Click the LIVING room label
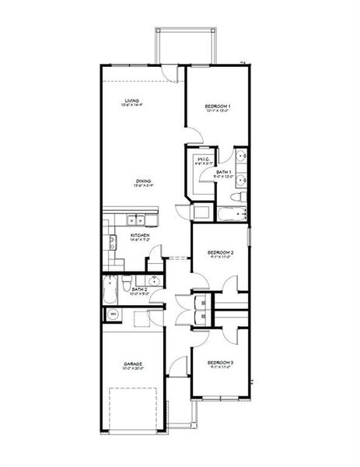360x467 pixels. (x=131, y=100)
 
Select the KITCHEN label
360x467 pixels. (x=139, y=235)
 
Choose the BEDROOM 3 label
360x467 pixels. (x=222, y=363)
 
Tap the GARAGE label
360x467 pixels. (x=132, y=363)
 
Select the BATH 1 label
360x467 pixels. (x=223, y=171)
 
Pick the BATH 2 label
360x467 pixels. (x=140, y=289)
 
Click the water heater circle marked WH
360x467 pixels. (x=113, y=314)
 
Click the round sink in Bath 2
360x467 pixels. (x=154, y=281)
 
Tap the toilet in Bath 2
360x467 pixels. (x=128, y=281)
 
